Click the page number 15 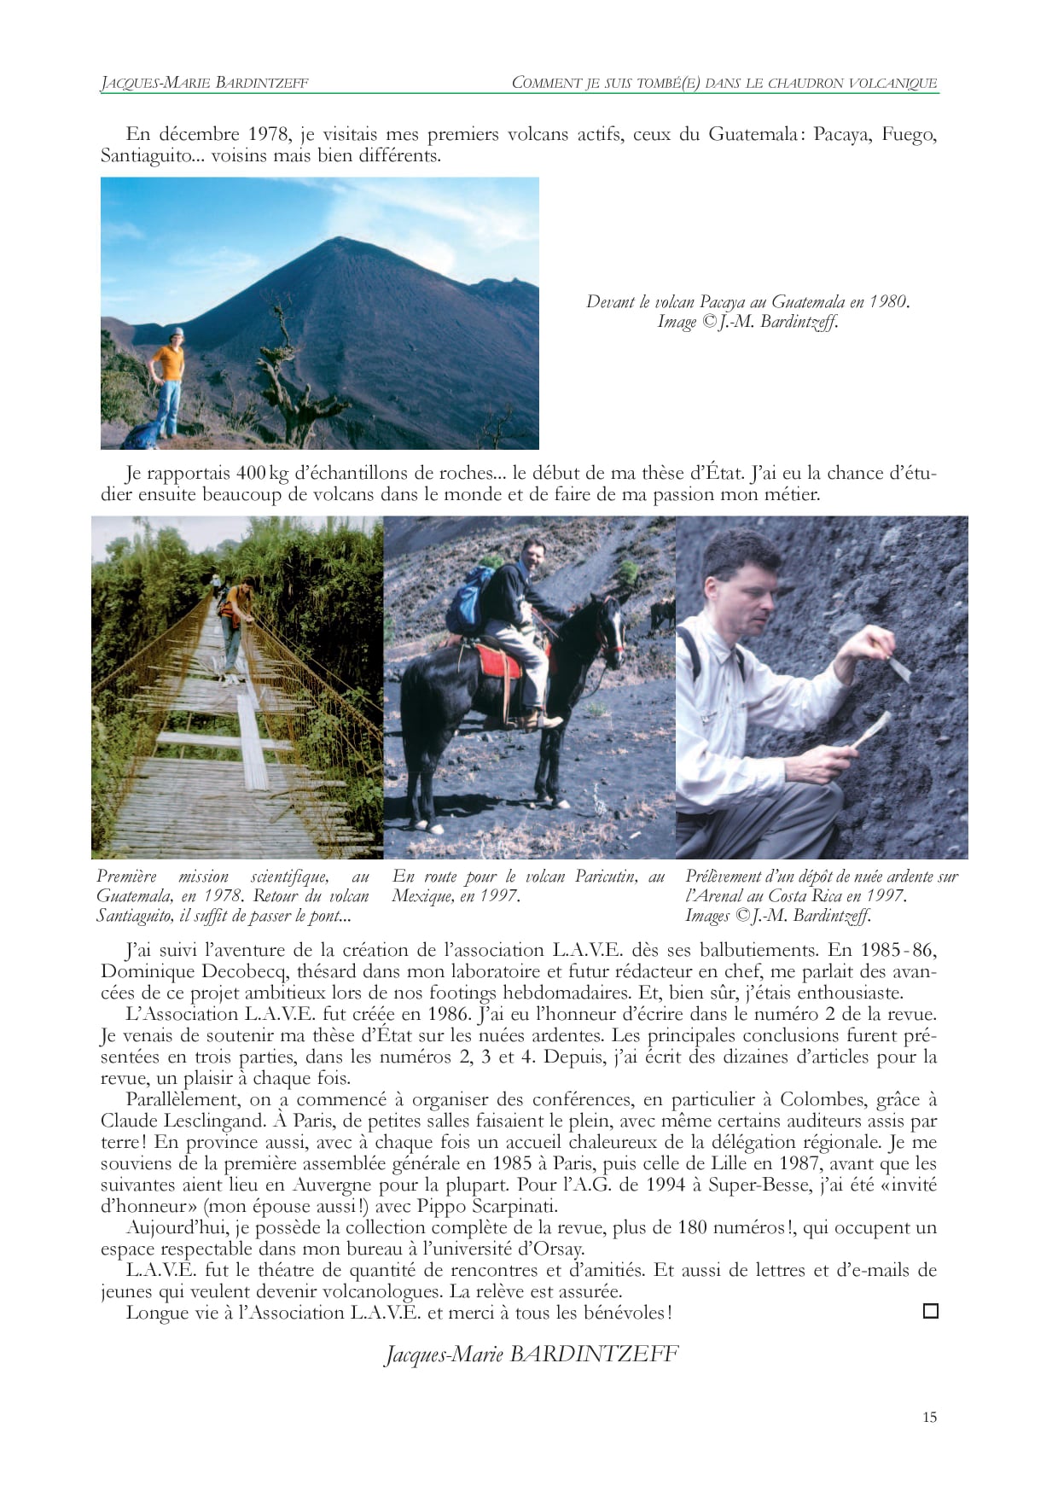(929, 1417)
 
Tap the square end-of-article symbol (930, 1311)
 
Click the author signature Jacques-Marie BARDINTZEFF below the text (532, 1354)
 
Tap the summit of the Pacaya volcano (340, 240)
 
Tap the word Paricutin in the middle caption (605, 877)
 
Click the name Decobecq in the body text (246, 971)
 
